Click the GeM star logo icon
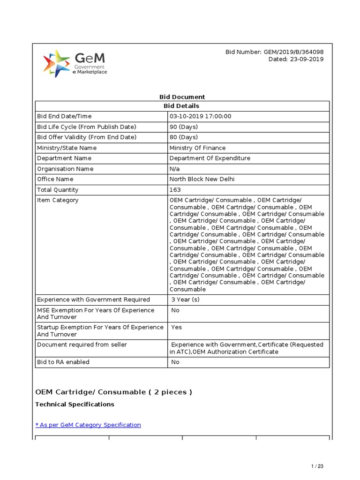click(x=57, y=63)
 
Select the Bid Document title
click(x=182, y=97)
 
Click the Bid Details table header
click(x=182, y=106)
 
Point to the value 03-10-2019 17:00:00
click(x=201, y=116)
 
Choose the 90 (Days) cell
click(x=184, y=127)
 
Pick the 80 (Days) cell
click(x=184, y=137)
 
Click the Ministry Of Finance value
click(x=197, y=148)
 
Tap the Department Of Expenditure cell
click(x=210, y=158)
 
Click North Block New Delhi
click(x=202, y=179)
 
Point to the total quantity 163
click(x=175, y=190)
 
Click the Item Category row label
click(x=58, y=200)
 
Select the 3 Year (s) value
click(x=185, y=300)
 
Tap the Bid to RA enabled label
click(x=63, y=362)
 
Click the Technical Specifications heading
click(x=75, y=404)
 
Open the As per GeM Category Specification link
click(x=88, y=425)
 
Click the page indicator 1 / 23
click(x=317, y=466)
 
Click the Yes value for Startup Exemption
click(x=177, y=327)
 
